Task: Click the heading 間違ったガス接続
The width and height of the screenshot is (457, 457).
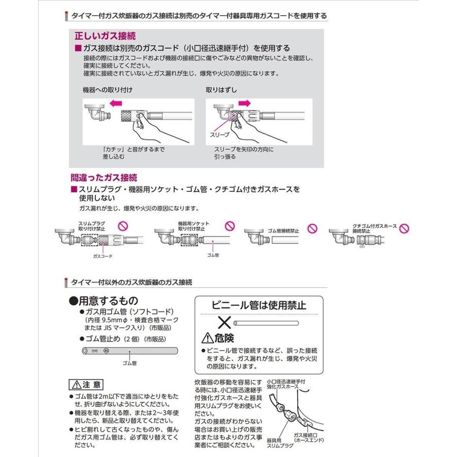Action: (104, 178)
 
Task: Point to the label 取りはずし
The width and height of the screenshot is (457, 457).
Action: (221, 90)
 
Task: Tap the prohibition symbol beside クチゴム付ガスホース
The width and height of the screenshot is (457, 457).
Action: (405, 227)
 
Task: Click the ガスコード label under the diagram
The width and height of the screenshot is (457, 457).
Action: (102, 256)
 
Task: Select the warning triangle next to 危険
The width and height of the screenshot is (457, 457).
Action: (208, 338)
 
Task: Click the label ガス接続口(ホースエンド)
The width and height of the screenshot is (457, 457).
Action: (308, 438)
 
